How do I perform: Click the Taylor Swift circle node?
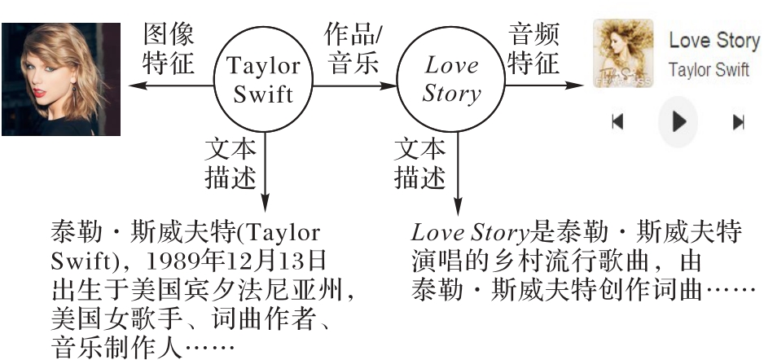262,79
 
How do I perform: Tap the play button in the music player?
678,122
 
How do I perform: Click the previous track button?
617,122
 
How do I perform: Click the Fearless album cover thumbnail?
623,54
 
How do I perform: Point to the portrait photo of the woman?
60,79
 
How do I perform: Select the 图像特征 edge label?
169,49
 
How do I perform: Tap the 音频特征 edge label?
533,49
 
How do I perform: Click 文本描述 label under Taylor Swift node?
231,163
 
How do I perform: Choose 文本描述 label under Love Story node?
420,163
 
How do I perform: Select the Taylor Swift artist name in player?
709,70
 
